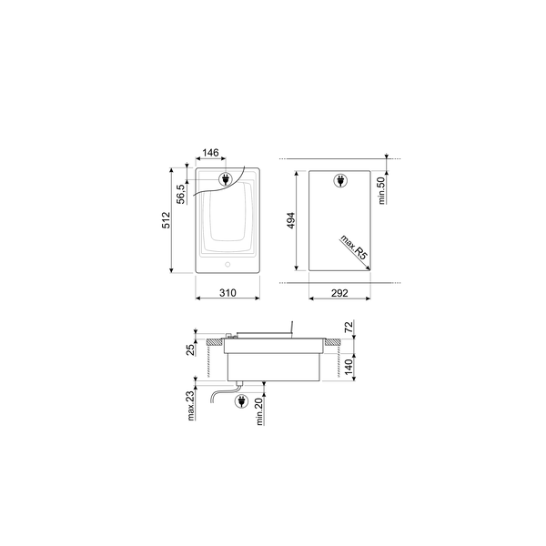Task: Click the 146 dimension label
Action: [211, 153]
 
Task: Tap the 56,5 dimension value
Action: [180, 194]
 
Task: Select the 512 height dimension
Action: [167, 220]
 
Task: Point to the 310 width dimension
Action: [227, 293]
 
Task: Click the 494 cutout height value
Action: [291, 220]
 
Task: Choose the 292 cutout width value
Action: [339, 293]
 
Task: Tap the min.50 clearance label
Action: [382, 190]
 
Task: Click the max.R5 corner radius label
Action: [354, 248]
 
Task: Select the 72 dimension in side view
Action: [349, 327]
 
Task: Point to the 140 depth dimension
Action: [349, 367]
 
